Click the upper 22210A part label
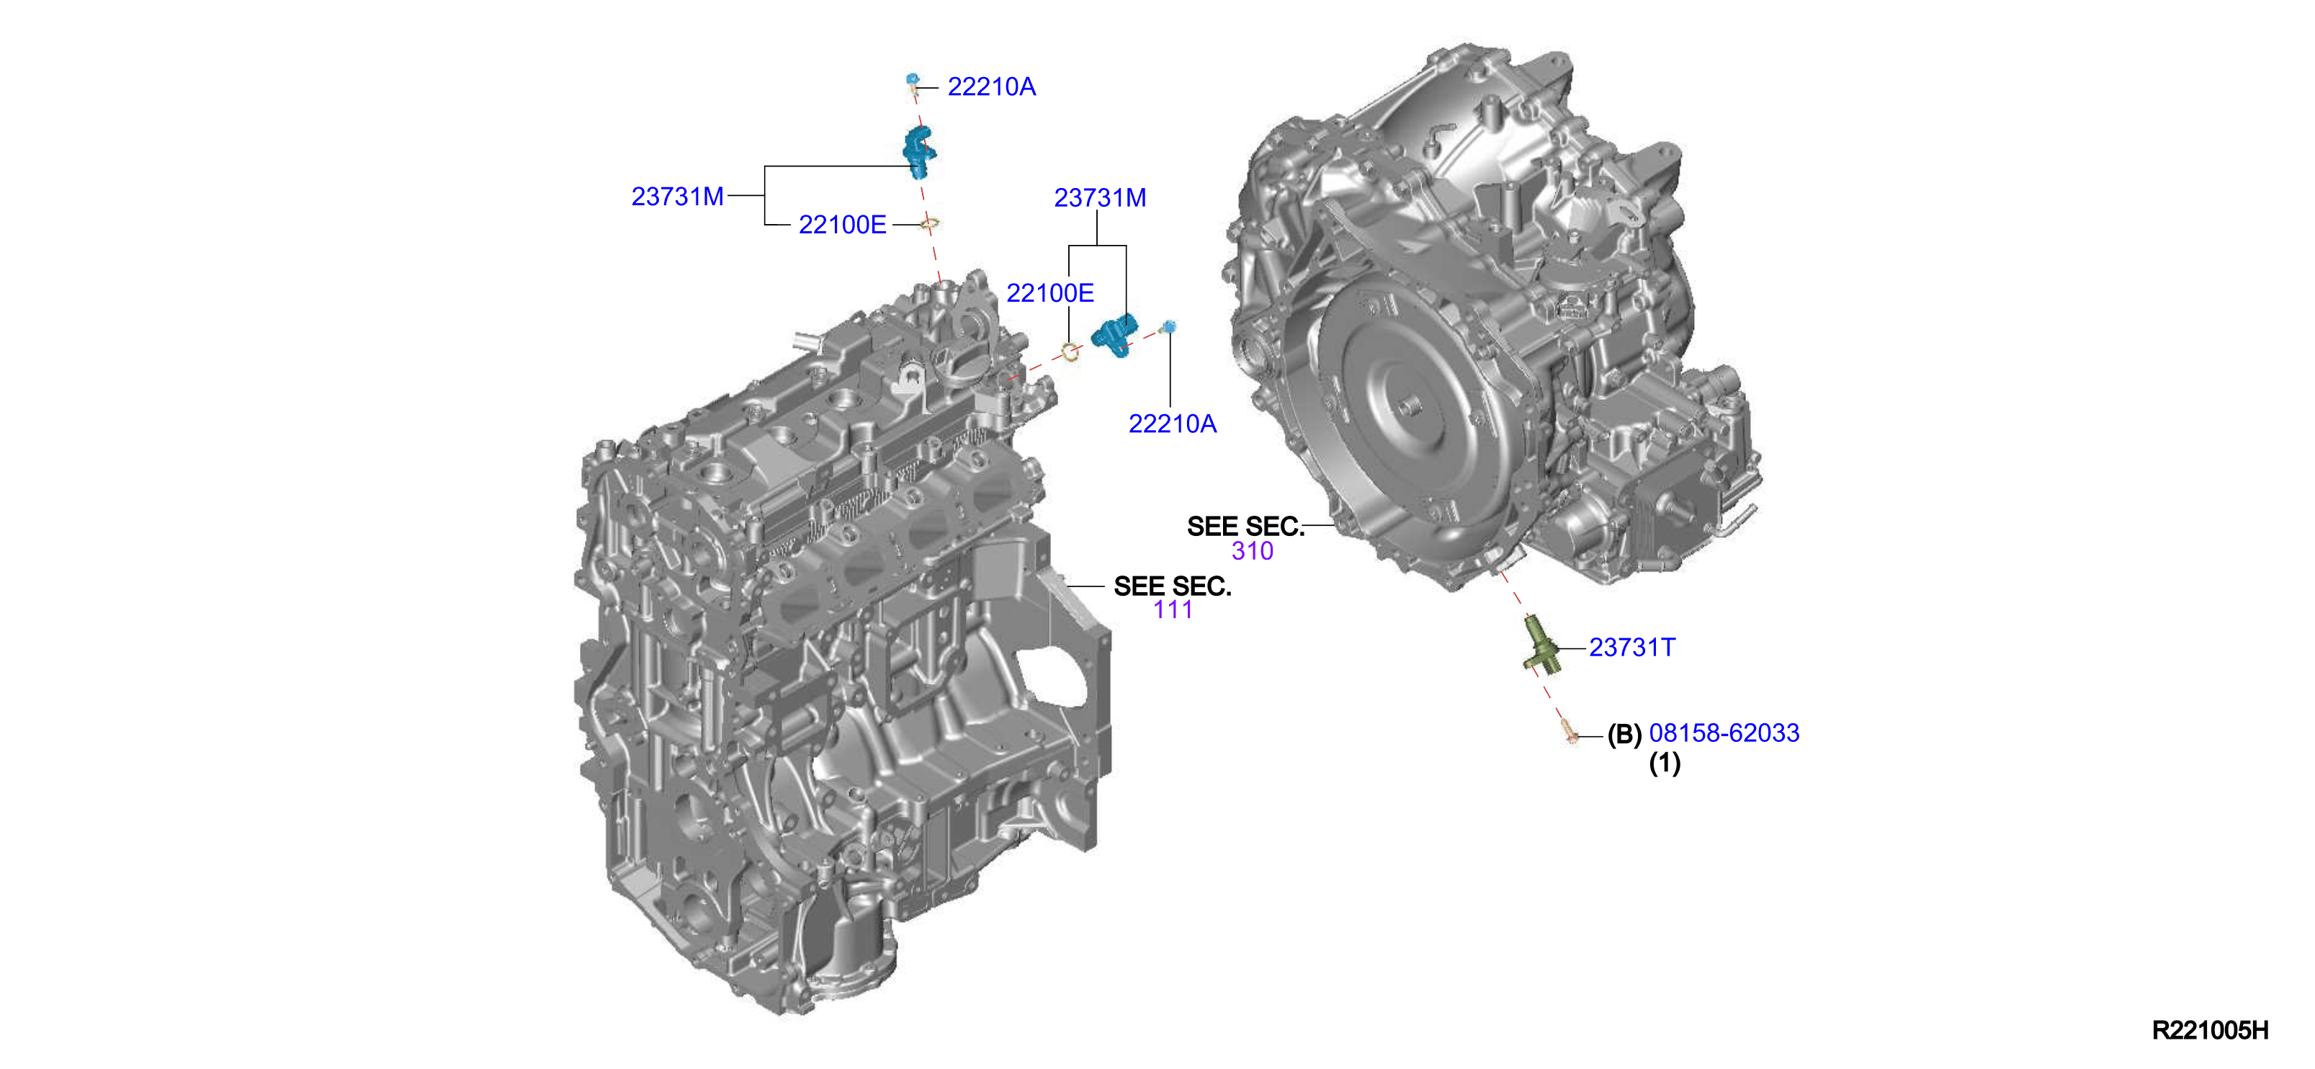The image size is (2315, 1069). pos(991,87)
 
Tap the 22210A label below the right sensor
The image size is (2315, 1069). pos(1172,424)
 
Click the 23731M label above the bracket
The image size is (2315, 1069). pos(1100,198)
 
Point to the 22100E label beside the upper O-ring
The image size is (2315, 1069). pos(842,225)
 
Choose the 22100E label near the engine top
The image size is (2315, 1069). pos(1049,293)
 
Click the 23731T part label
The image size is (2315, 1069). pos(1632,648)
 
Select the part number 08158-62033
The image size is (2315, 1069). pos(1724,733)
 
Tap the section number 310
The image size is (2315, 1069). pos(1252,551)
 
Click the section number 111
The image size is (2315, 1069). pos(1173,609)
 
